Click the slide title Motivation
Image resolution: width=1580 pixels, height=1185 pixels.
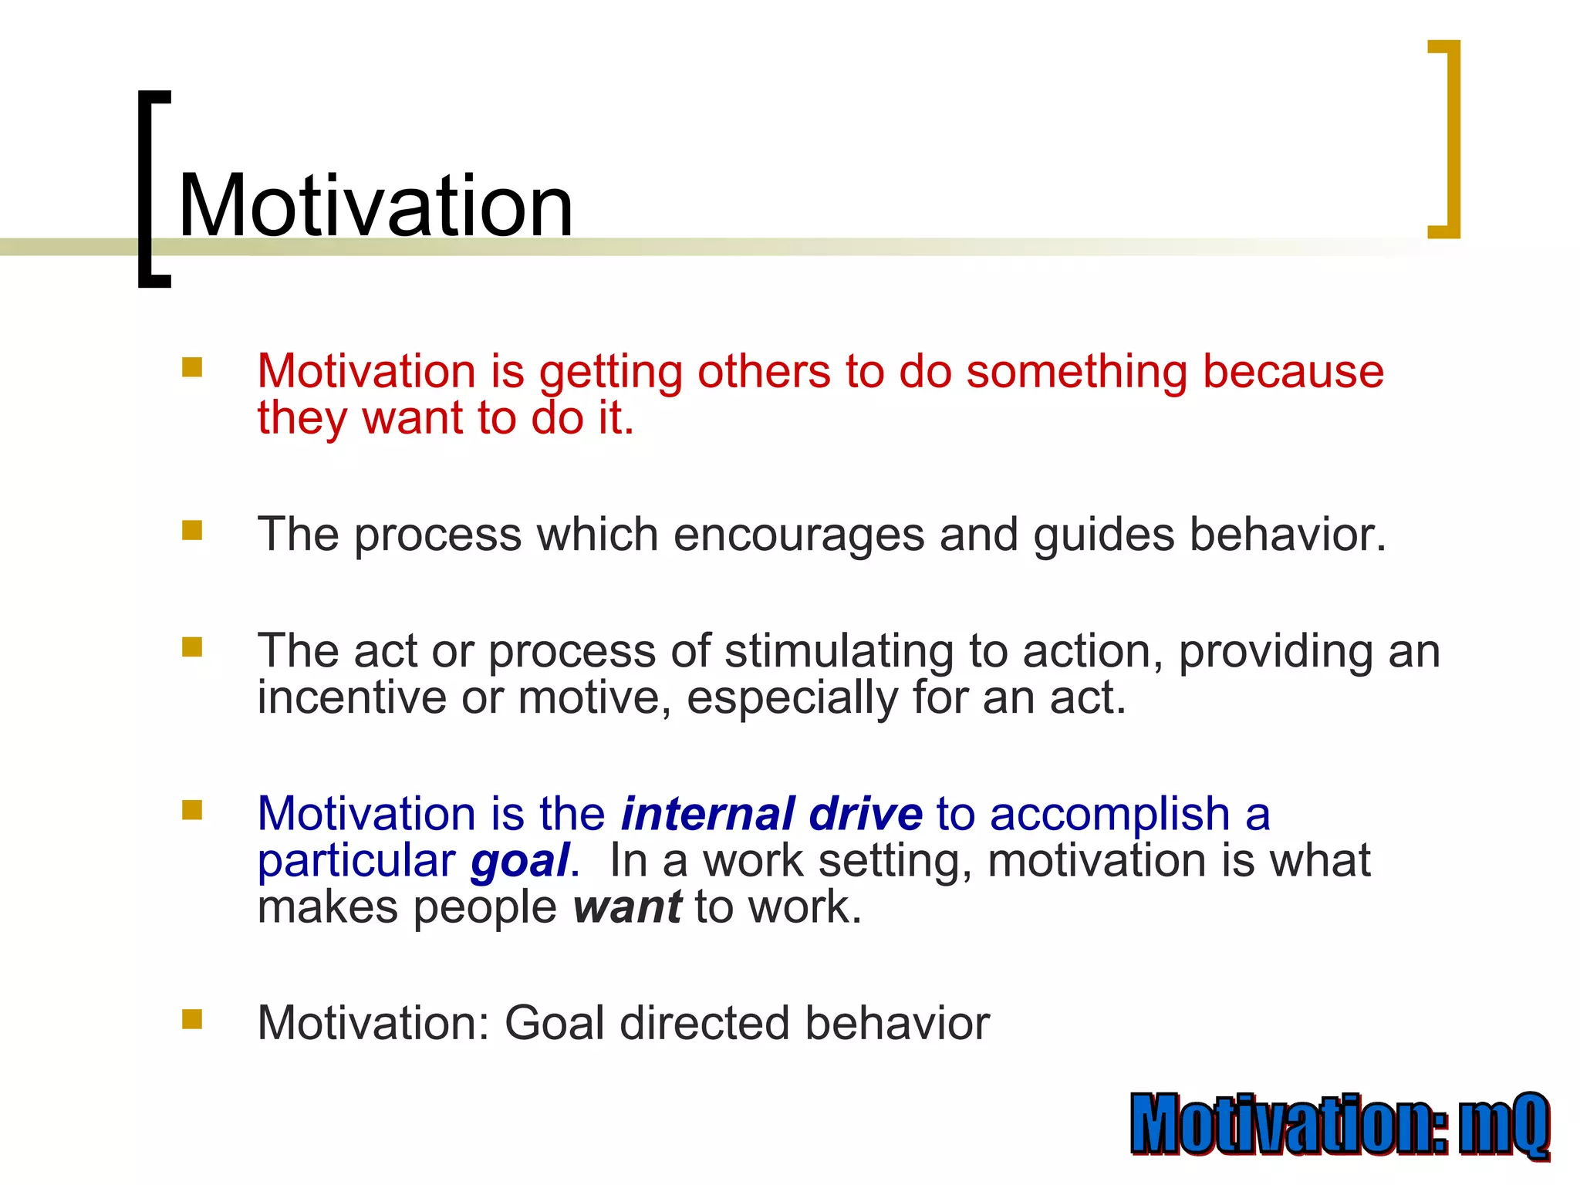tap(376, 206)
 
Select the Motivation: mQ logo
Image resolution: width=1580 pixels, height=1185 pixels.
tap(1340, 1125)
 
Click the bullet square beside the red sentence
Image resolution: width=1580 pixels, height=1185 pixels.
tap(192, 366)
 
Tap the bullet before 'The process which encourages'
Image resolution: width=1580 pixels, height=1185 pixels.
tap(192, 530)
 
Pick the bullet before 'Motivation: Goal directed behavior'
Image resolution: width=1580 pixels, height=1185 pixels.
tap(192, 1019)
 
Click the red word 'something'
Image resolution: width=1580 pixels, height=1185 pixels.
tap(1077, 372)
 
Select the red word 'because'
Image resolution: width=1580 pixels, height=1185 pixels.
tap(1293, 372)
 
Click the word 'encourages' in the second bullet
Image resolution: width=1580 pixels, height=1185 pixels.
tap(798, 535)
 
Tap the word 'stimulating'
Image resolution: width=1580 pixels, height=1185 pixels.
tap(839, 652)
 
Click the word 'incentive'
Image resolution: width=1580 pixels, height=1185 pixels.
tap(352, 698)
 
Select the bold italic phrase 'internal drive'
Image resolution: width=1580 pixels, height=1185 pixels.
tap(771, 815)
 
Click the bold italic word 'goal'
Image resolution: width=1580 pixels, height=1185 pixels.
tap(520, 861)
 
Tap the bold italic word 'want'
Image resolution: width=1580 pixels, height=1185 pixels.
tap(627, 908)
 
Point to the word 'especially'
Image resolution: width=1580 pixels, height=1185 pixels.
tap(792, 698)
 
